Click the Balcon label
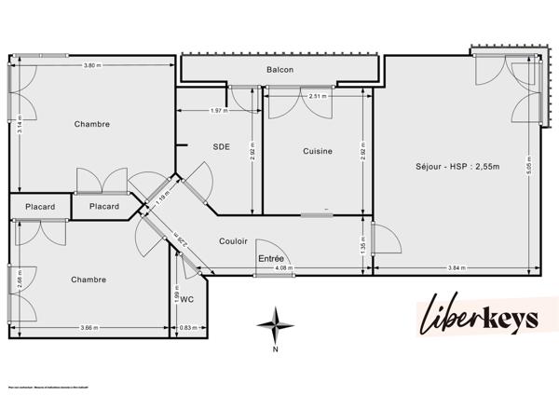click(280, 71)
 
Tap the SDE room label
click(221, 146)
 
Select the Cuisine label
click(318, 151)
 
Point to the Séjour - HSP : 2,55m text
click(457, 167)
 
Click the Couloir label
click(233, 241)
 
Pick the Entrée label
click(271, 258)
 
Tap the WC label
click(186, 300)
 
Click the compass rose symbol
click(276, 325)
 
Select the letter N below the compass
click(276, 350)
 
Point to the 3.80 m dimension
click(91, 65)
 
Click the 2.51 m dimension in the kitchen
click(318, 95)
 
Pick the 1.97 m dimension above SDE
click(218, 111)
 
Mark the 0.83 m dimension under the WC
click(186, 327)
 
